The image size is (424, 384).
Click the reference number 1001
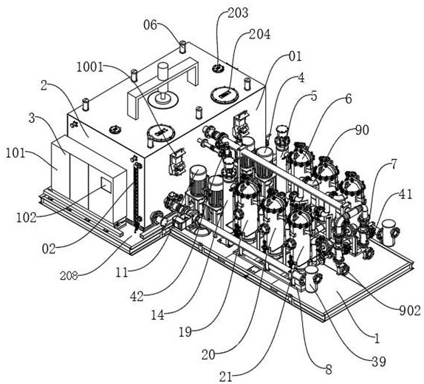pos(90,67)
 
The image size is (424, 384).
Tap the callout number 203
pos(238,13)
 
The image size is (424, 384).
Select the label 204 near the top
pos(259,34)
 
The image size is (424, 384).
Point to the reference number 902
pos(410,311)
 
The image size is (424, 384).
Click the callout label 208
pos(69,276)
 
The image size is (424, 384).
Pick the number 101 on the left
pos(15,154)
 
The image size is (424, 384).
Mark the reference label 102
pos(27,218)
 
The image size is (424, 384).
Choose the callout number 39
pos(378,361)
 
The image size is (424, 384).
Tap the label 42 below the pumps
pos(137,297)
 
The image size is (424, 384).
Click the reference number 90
pos(362,130)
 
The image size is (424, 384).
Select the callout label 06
pos(150,25)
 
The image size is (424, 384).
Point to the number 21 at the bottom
pos(226,377)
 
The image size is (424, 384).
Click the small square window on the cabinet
pos(106,185)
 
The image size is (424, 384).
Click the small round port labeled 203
pos(217,68)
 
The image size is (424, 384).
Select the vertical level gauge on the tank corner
pos(137,195)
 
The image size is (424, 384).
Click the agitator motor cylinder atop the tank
pos(163,71)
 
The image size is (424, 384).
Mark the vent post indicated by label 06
pos(183,47)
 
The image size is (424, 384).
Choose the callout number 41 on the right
pos(406,195)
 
